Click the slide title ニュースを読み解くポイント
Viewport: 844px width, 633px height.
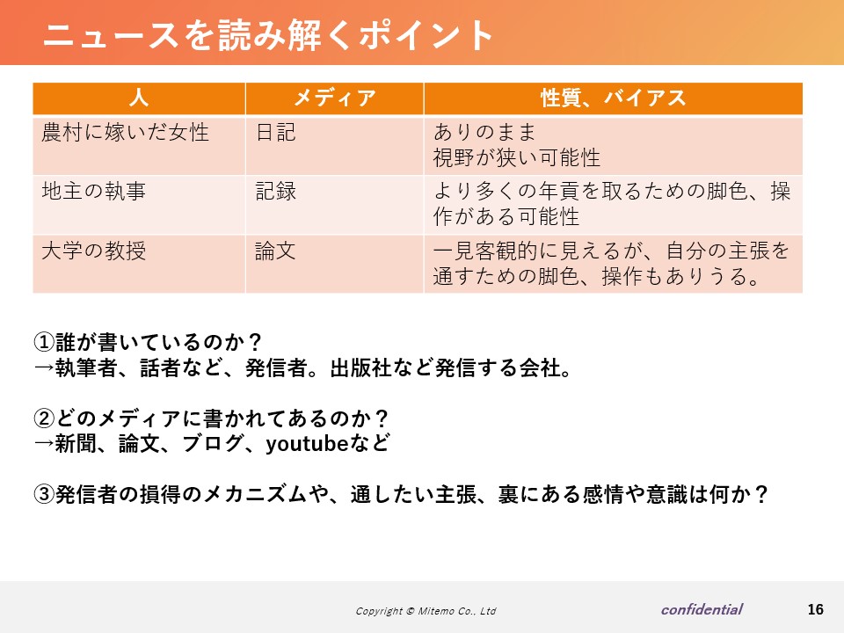point(267,35)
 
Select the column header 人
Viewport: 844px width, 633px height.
point(139,98)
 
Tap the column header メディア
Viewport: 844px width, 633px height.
point(334,98)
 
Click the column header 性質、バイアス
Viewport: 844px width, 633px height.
point(613,98)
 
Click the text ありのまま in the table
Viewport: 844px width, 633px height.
point(485,132)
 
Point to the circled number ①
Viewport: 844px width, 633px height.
point(44,342)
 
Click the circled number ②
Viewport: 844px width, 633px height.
point(44,418)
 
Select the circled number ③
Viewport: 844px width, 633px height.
point(44,494)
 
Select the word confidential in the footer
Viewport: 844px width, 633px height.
point(702,609)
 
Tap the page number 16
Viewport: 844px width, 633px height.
point(816,609)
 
